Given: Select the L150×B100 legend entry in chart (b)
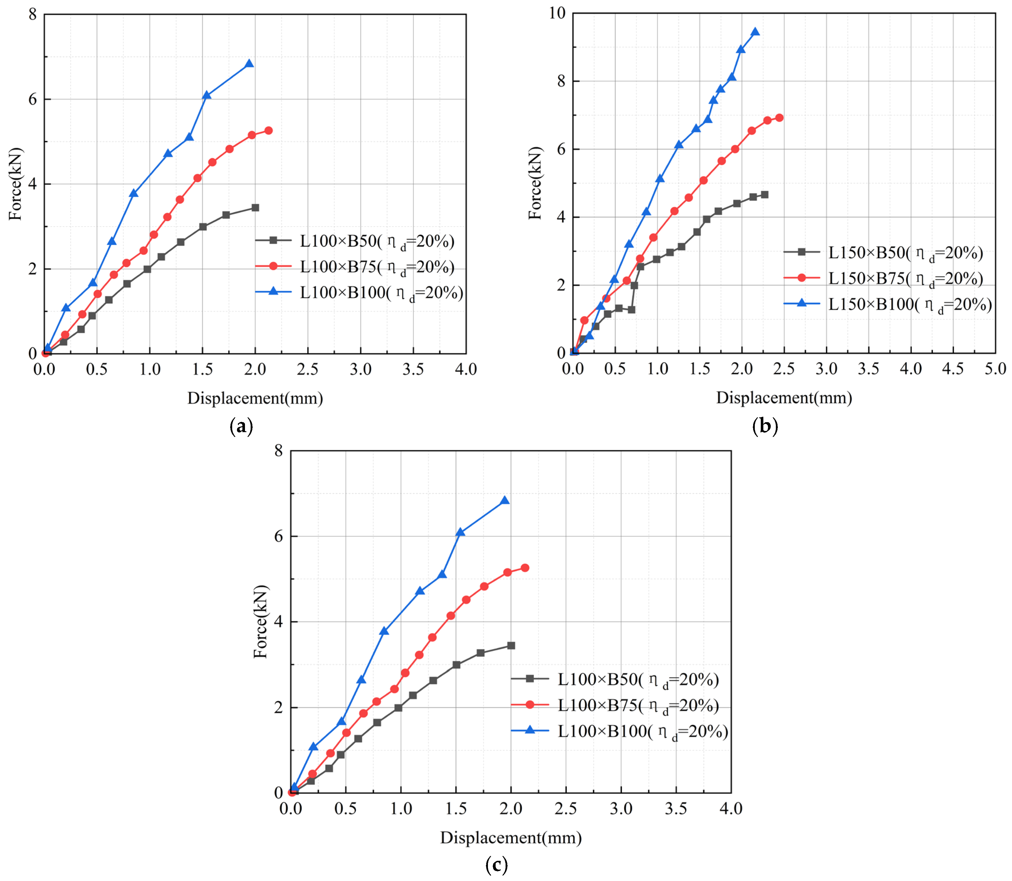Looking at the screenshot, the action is point(888,304).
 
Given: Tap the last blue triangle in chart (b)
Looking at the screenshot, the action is point(755,32).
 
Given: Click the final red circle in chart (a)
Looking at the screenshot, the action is point(268,130).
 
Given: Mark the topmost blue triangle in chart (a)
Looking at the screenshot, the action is point(249,63).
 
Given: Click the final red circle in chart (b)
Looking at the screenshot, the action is point(779,117).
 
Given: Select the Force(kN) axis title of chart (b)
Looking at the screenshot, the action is point(535,183).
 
